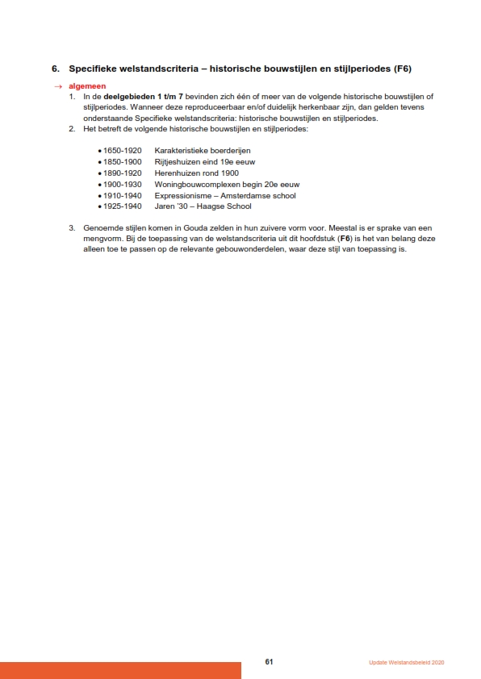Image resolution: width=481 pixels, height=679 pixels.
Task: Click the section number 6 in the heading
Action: (54, 70)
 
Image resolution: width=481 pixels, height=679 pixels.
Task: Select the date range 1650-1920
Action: (122, 150)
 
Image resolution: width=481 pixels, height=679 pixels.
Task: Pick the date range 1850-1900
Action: (122, 161)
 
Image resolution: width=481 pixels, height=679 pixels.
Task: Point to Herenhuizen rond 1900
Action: (196, 173)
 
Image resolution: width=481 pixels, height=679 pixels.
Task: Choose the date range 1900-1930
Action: (122, 184)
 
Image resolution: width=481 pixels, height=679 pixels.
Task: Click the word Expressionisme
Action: (183, 195)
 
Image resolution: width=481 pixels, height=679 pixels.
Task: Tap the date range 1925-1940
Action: (122, 206)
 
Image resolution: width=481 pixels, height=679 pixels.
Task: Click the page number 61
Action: (270, 662)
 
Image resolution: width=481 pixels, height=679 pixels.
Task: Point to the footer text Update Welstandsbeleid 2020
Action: (407, 663)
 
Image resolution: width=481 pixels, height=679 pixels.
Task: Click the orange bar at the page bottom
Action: (120, 670)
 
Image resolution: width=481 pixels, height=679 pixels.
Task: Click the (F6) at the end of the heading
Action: (402, 70)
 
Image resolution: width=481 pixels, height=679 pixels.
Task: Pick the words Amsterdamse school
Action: (261, 195)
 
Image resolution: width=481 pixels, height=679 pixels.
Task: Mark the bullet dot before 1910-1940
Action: (99, 196)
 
